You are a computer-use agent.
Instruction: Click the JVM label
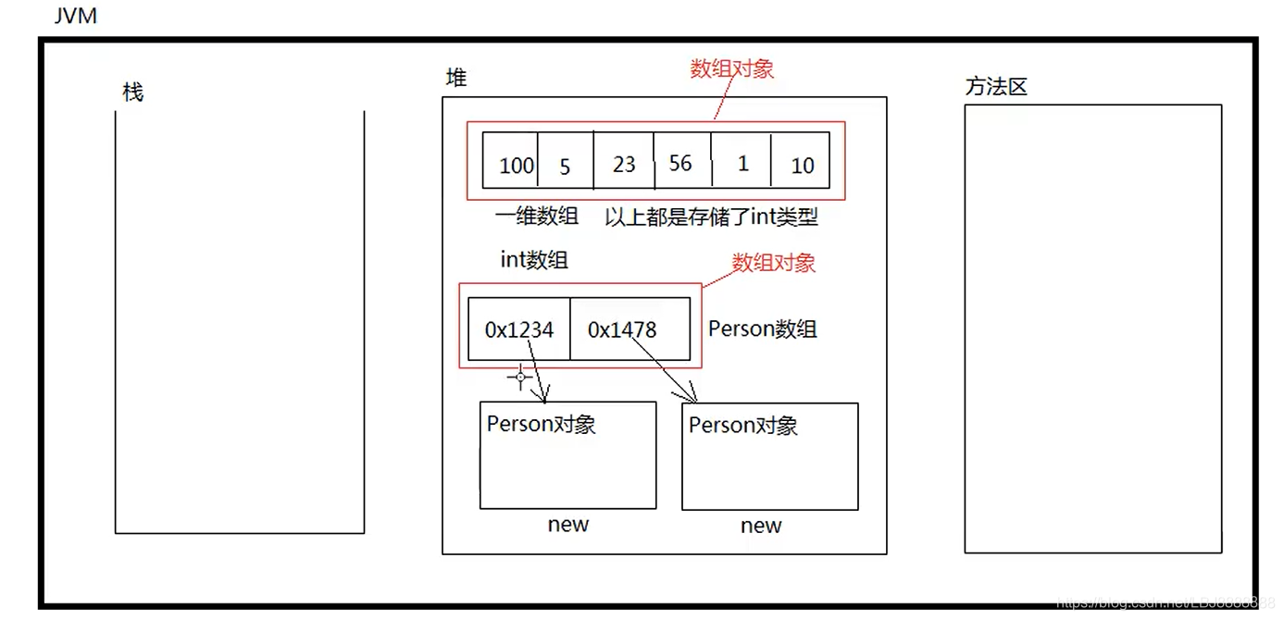tap(76, 16)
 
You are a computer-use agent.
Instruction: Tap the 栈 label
tap(133, 93)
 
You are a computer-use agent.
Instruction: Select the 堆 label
tap(456, 79)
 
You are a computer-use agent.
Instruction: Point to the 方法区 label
tap(996, 87)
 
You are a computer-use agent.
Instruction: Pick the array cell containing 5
tap(565, 161)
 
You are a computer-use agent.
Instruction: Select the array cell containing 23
tap(624, 161)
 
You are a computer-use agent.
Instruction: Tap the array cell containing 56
tap(681, 161)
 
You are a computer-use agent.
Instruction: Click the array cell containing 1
tap(742, 161)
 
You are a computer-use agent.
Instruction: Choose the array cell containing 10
tap(801, 161)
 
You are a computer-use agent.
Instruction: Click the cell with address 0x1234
tap(519, 329)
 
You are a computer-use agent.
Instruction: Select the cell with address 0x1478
tap(630, 329)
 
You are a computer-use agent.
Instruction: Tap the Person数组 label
tap(762, 329)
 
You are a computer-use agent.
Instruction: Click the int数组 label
tap(534, 260)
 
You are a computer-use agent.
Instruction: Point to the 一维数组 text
tap(537, 217)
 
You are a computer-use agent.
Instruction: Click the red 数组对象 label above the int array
tap(731, 68)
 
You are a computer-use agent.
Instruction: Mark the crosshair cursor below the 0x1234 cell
tap(520, 377)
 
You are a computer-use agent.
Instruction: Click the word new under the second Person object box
tap(761, 526)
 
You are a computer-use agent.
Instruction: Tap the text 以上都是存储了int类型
tap(711, 217)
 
